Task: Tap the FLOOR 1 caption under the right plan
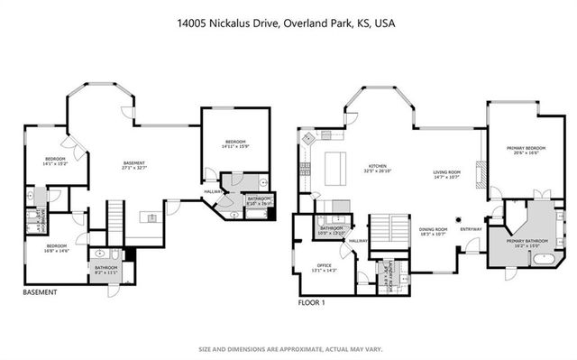(312, 303)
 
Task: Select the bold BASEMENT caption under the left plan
(40, 292)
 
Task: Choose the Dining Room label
(434, 232)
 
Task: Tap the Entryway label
(472, 228)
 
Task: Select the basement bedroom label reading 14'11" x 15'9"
(235, 144)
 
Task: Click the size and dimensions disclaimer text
(288, 348)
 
